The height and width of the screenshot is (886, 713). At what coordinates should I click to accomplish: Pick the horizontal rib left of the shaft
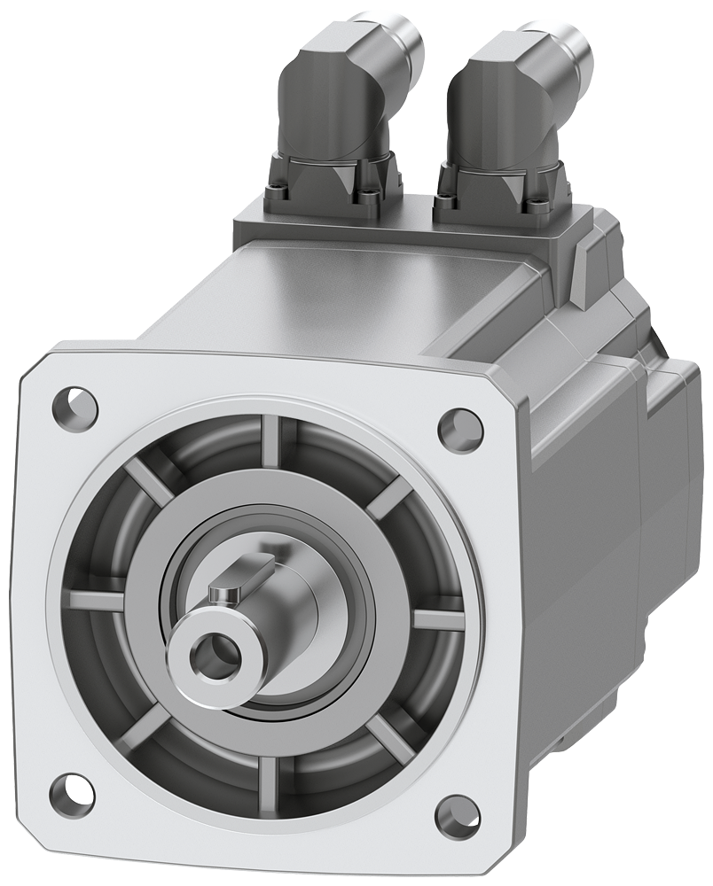[x=95, y=600]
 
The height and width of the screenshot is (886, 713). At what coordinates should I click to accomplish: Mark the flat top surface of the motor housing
[x=355, y=292]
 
